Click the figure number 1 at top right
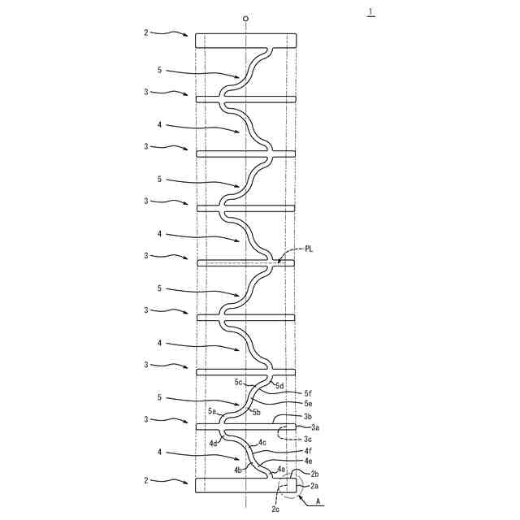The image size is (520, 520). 371,11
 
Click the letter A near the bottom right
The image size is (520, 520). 318,501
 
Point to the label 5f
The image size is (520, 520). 308,392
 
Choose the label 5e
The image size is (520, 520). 308,403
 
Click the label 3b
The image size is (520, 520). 308,416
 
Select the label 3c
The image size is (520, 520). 308,439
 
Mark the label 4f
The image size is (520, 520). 308,450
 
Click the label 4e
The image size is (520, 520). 308,461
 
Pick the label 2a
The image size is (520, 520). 314,485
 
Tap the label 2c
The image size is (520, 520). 275,509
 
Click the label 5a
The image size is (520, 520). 212,411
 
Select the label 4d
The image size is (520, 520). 213,444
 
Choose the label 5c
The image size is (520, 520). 240,381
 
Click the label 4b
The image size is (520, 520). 238,470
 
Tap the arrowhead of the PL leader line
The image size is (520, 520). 277,262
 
